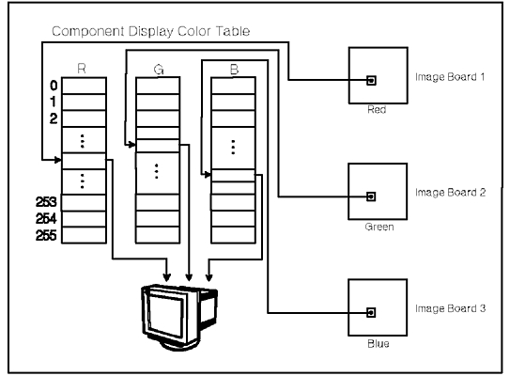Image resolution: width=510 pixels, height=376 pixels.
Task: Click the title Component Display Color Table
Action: (151, 32)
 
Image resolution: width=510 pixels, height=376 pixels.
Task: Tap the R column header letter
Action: (82, 69)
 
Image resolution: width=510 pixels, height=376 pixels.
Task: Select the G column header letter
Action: (159, 70)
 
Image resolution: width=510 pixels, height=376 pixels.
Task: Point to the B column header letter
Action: (234, 69)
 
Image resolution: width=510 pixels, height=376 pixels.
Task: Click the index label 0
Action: (54, 86)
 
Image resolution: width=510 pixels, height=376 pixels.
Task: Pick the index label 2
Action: (54, 118)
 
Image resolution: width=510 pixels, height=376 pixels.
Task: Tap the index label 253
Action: (46, 202)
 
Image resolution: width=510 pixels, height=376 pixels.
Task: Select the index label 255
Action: (46, 235)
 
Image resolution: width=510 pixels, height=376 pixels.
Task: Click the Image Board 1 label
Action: (450, 77)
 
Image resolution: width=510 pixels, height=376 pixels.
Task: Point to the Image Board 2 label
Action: (450, 193)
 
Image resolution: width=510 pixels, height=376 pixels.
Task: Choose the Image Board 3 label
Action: (450, 308)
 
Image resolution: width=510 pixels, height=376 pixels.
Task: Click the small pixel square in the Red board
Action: (371, 81)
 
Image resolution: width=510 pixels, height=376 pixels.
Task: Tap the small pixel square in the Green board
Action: (371, 196)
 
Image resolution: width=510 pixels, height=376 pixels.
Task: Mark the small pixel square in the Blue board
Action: (371, 312)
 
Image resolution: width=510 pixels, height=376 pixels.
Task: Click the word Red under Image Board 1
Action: (377, 109)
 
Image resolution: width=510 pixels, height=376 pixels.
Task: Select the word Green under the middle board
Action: (379, 227)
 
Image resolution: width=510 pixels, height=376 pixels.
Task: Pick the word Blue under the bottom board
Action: (379, 343)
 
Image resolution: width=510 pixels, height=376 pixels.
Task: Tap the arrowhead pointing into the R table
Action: (58, 160)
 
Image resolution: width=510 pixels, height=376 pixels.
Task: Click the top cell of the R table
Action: (84, 86)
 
